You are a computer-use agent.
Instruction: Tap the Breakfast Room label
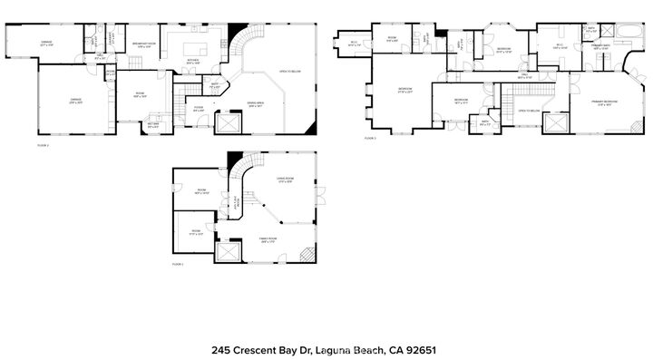[x=143, y=45]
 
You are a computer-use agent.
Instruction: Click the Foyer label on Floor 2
[x=198, y=110]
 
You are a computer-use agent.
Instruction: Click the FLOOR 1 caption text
[x=178, y=264]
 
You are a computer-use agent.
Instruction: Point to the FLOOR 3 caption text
[x=370, y=138]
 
